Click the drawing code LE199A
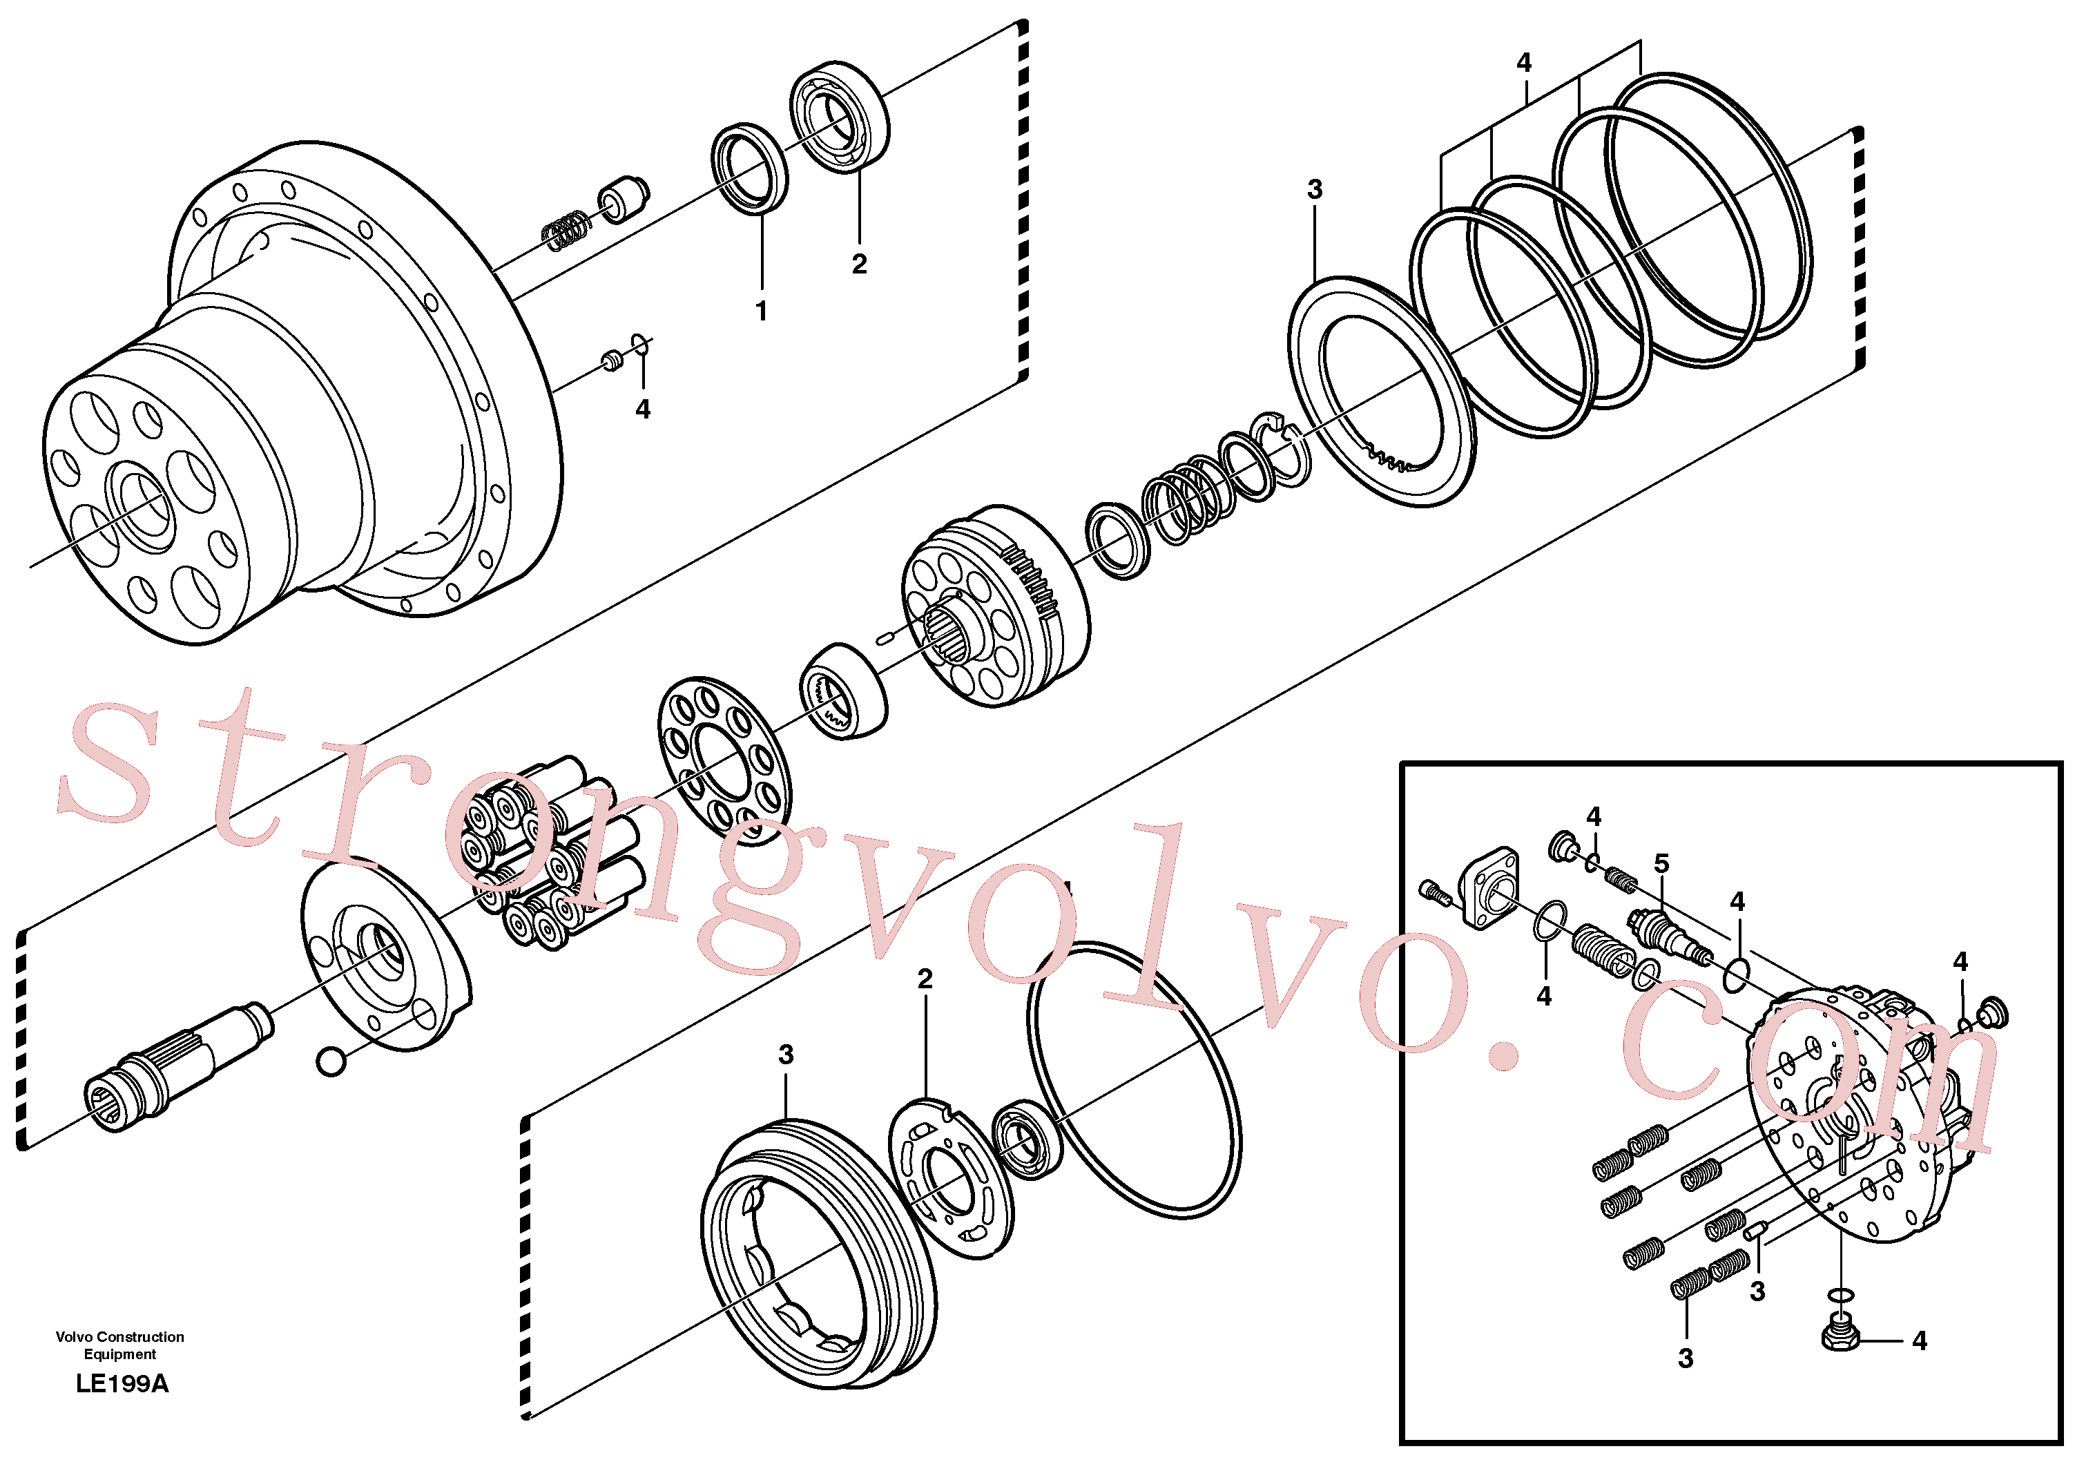[x=122, y=1383]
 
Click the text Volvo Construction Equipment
[x=119, y=1345]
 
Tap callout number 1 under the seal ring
[x=762, y=311]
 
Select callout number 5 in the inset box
[x=1661, y=863]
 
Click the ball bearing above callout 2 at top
[x=840, y=116]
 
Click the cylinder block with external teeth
[x=997, y=605]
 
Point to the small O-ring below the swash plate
[x=331, y=1061]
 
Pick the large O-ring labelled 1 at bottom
[x=1134, y=1079]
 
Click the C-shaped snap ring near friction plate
[x=1280, y=448]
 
